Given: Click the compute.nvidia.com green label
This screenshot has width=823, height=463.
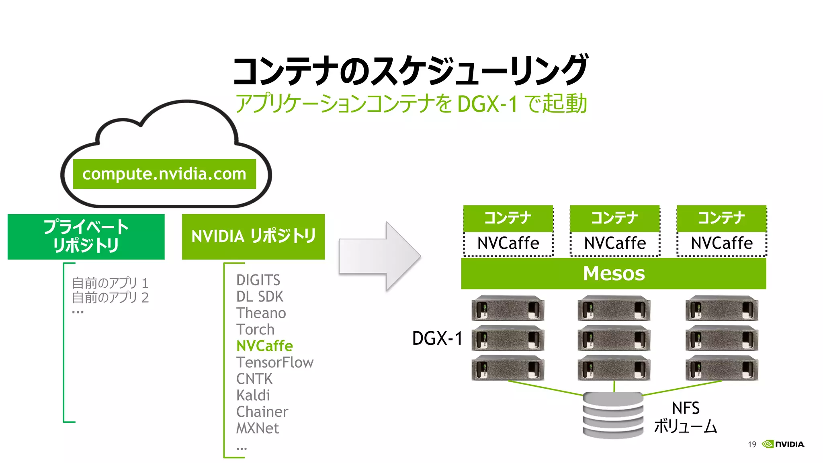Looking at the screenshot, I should tap(164, 174).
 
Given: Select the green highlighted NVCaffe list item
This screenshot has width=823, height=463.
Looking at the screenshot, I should tap(264, 346).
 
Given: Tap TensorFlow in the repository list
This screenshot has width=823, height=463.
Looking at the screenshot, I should tap(275, 363).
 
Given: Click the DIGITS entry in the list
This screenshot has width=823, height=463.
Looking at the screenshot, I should tap(258, 280).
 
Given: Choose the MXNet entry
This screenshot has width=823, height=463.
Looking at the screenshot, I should tap(257, 428).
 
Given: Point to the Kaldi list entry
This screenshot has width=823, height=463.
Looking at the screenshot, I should tap(253, 395).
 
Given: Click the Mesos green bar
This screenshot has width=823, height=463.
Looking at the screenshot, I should tap(613, 274).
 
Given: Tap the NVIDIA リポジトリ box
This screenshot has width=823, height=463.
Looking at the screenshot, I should tap(253, 236).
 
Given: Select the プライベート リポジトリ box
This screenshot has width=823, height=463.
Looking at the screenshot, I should tap(86, 236).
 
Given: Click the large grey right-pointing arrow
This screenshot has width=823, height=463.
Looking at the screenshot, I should tap(379, 256).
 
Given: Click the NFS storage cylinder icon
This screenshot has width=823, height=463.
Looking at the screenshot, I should tap(613, 415).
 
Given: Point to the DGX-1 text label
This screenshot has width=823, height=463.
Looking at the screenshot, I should tap(437, 338).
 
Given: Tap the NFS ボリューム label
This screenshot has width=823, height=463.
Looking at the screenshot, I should tap(686, 417).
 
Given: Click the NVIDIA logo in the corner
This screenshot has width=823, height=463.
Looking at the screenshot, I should tap(784, 444).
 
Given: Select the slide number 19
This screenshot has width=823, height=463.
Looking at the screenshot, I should tap(752, 445).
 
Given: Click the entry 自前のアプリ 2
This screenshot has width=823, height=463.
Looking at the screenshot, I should tap(110, 298).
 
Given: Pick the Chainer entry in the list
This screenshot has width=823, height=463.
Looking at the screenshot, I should tap(262, 412).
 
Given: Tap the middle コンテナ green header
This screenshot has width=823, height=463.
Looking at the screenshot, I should tap(614, 218).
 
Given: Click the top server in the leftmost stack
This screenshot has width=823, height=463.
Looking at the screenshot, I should tap(508, 309).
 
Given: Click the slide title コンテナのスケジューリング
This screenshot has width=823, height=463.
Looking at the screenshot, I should tap(411, 71).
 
